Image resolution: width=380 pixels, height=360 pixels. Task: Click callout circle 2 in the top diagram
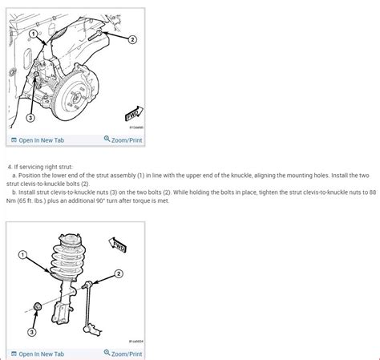click(132, 38)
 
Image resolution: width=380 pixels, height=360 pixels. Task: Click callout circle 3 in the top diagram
click(30, 117)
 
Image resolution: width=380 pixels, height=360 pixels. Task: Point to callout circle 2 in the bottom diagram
click(119, 274)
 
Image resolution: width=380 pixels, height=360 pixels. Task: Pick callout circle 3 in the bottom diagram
click(32, 331)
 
